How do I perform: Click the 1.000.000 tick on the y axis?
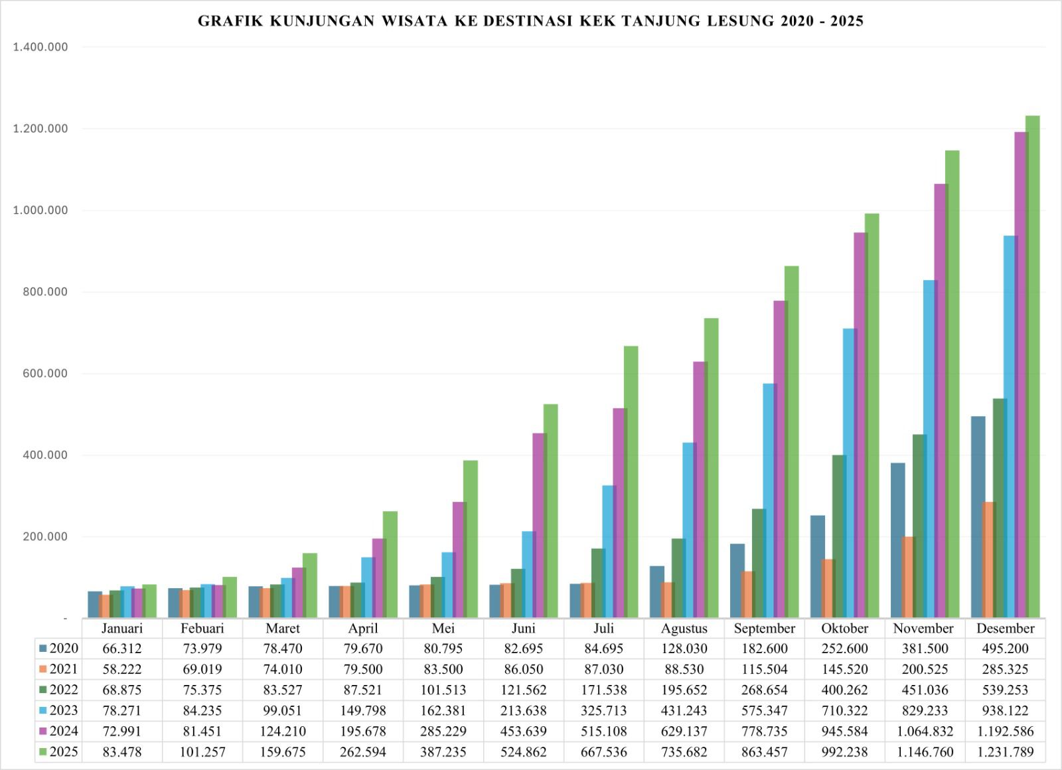click(x=40, y=210)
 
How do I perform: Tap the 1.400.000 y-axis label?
click(x=40, y=47)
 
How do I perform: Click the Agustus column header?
click(x=684, y=628)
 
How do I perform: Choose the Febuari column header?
click(x=202, y=628)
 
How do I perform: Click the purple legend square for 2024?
click(x=43, y=731)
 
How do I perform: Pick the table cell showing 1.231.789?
click(x=1005, y=752)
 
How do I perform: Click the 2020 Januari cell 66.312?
click(x=121, y=649)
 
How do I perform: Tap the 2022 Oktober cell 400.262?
click(x=844, y=690)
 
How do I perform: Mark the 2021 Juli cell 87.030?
click(x=603, y=669)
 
